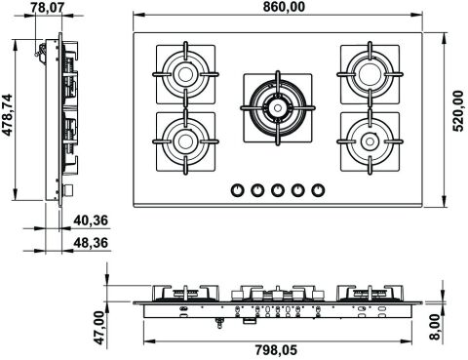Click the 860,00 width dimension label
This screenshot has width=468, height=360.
(x=284, y=7)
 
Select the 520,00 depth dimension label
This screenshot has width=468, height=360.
(x=458, y=111)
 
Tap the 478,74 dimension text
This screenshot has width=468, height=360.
(x=8, y=115)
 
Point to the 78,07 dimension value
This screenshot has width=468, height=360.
(x=49, y=8)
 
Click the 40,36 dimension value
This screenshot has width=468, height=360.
(x=91, y=220)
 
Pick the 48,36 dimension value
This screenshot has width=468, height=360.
(x=91, y=243)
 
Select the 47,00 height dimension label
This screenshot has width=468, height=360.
(x=99, y=328)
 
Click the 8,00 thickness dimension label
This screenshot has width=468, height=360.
(x=435, y=327)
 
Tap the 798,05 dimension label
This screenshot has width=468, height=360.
(x=276, y=350)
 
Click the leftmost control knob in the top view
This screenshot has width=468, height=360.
(x=238, y=190)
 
